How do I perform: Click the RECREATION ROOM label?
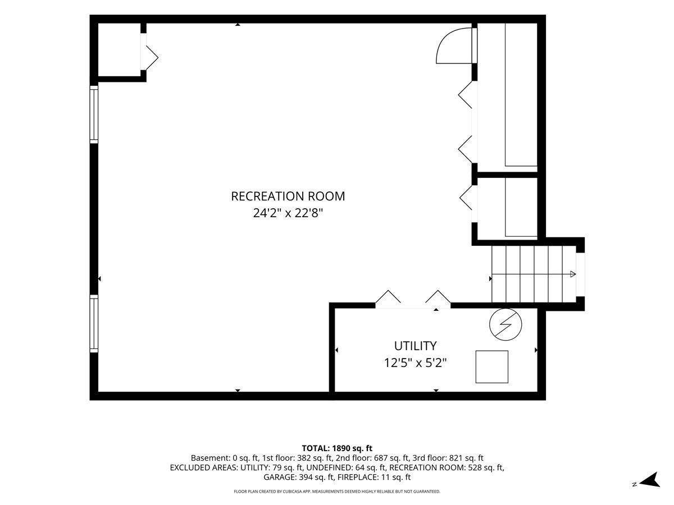[288, 196]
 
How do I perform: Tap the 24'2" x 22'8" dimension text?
[288, 213]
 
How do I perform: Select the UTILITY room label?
[415, 346]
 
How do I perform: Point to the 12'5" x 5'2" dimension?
[415, 363]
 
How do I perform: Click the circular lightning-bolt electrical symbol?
[505, 324]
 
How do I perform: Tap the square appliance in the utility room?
[491, 367]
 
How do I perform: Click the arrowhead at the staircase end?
[573, 274]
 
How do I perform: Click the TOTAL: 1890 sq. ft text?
[337, 448]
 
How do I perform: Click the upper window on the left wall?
[94, 114]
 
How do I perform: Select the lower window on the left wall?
[94, 324]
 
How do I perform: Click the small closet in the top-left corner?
[119, 49]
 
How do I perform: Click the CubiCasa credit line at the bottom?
[337, 492]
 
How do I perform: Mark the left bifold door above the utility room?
[388, 297]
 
